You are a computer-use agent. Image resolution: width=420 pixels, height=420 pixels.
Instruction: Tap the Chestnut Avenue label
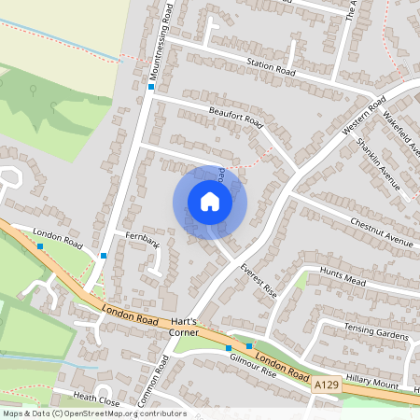tap(381, 232)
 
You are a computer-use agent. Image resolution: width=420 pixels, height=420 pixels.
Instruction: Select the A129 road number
tap(326, 384)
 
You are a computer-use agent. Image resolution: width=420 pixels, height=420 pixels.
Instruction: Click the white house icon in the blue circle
tap(210, 202)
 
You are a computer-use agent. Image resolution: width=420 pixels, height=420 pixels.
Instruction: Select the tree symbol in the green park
tap(34, 91)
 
